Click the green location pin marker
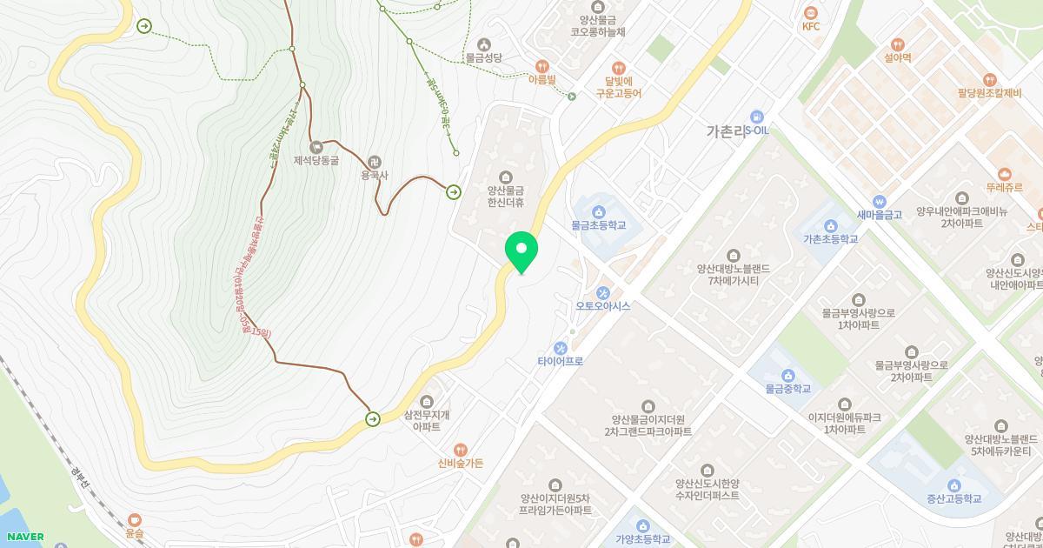coord(521,251)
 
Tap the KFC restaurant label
coord(811,26)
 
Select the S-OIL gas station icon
coord(756,117)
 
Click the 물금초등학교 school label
coord(599,225)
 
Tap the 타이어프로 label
coord(560,361)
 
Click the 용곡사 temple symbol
coord(375,161)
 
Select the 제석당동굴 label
coord(316,160)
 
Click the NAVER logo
coord(24,537)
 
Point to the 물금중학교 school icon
coord(788,375)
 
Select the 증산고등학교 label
coord(953,498)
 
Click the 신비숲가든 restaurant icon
coord(461,449)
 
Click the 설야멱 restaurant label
coord(897,57)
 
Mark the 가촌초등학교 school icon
coord(830,224)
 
